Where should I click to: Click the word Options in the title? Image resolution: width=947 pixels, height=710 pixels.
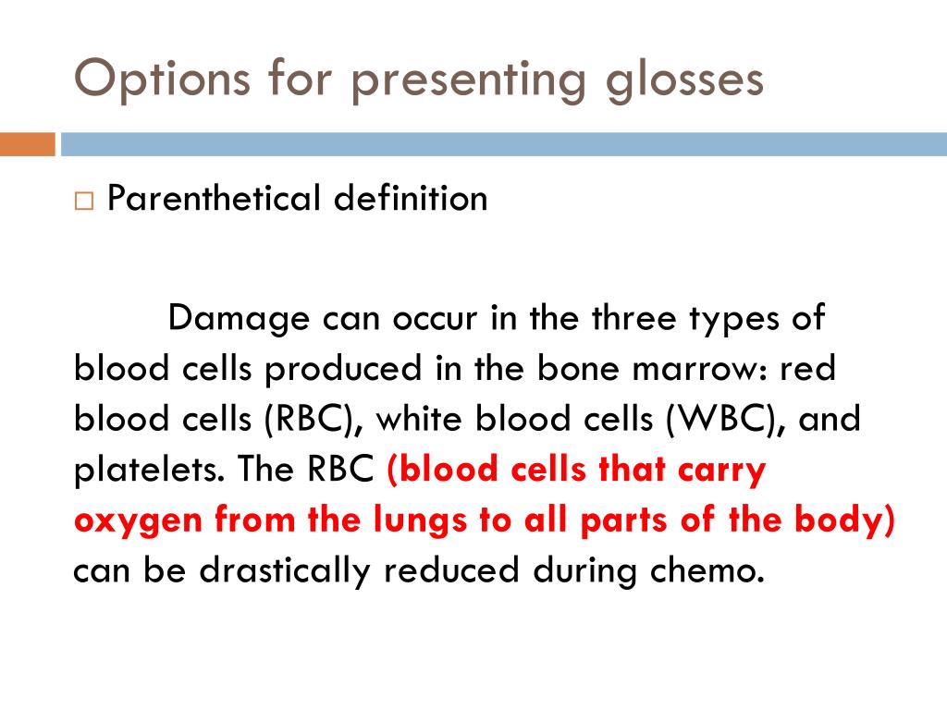click(162, 80)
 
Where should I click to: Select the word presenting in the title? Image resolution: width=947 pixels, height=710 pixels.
click(469, 82)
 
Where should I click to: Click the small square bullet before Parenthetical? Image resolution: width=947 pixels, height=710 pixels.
click(84, 201)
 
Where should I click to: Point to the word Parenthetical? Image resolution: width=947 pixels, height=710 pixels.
click(214, 198)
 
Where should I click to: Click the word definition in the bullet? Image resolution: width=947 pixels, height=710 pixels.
click(411, 198)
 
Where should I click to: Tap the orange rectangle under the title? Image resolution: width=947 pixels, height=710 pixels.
click(27, 144)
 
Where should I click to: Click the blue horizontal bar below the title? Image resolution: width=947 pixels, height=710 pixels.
click(504, 144)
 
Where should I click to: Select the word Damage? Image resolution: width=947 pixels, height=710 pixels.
click(239, 319)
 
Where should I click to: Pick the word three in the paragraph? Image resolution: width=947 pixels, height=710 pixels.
click(633, 318)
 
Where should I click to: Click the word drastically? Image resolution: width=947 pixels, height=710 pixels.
click(285, 570)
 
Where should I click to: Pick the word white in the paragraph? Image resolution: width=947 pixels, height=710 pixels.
click(420, 419)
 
